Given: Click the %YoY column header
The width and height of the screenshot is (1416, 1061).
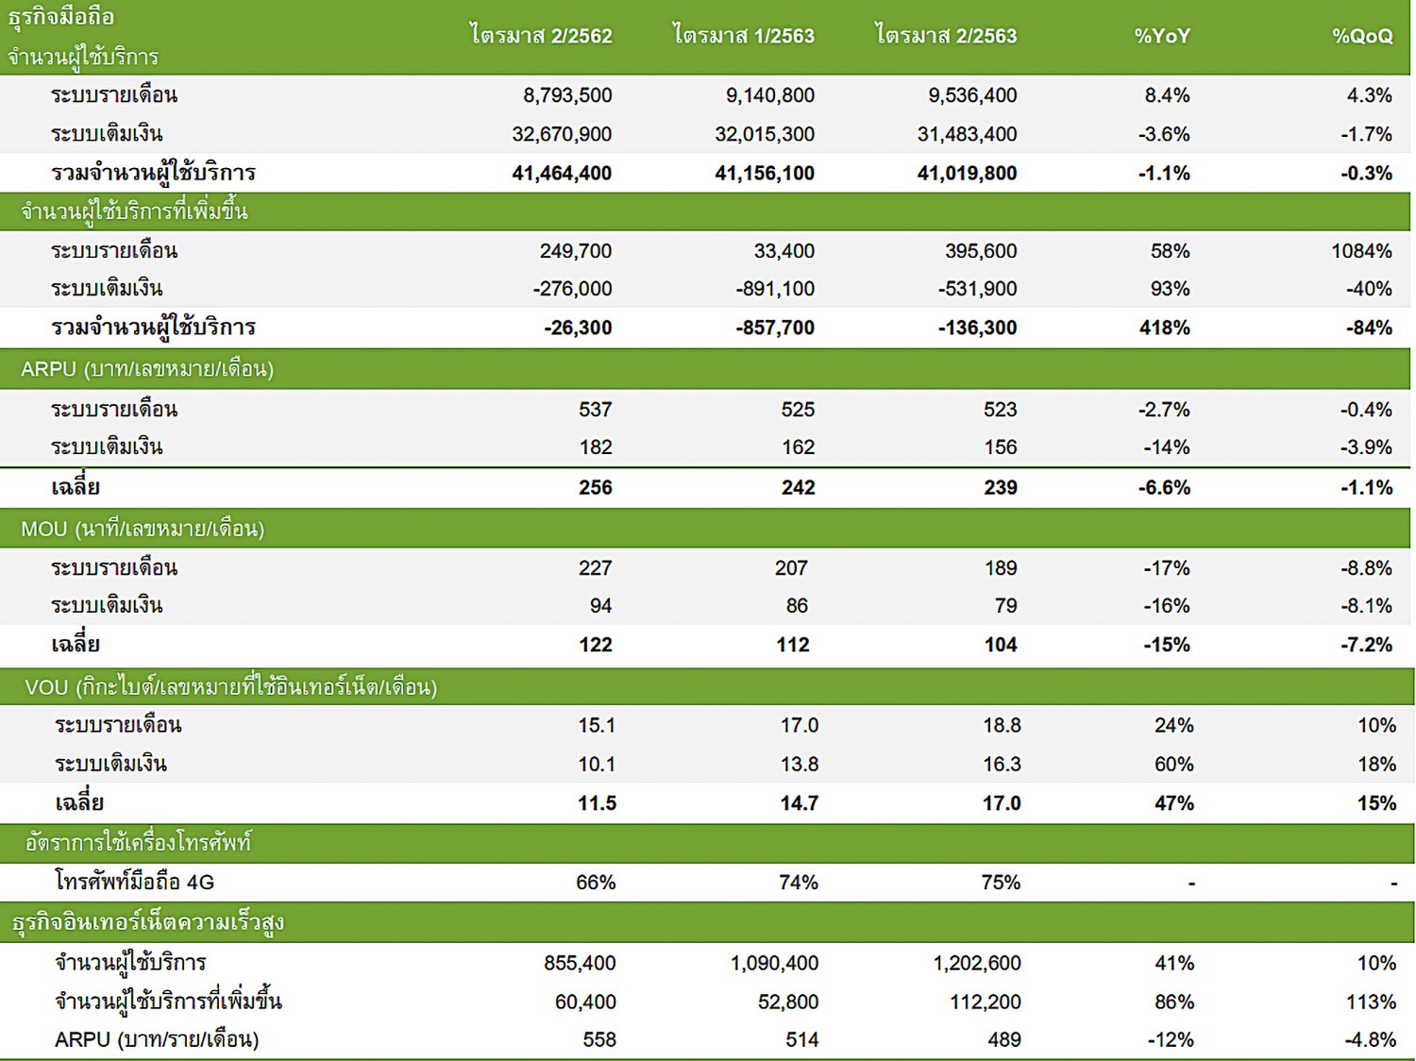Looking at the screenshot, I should [1162, 37].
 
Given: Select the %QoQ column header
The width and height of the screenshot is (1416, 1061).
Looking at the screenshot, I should [1362, 37].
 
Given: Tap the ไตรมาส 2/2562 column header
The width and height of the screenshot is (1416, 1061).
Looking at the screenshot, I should [542, 37].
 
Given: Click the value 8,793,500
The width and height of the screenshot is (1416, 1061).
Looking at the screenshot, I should [567, 95].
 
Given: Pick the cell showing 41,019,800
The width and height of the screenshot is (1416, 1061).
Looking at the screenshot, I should [967, 174].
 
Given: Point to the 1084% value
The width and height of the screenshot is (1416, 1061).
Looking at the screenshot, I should [1361, 251].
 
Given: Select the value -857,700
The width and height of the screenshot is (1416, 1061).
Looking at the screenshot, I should [775, 328].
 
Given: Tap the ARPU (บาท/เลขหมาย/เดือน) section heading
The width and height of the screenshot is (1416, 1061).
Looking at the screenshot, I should [147, 369].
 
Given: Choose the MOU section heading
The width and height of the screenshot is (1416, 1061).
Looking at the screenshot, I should [143, 529].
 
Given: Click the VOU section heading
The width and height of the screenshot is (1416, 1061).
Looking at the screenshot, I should [230, 687].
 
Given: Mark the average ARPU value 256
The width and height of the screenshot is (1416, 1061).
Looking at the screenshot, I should [595, 488].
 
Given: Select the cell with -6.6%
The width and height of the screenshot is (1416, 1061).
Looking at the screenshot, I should [1164, 488].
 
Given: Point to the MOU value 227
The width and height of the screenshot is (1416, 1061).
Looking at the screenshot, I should [595, 568].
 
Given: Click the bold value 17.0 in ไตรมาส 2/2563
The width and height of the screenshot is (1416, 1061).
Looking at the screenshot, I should [1002, 803].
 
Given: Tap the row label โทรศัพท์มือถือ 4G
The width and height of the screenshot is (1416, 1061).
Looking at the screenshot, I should [134, 883].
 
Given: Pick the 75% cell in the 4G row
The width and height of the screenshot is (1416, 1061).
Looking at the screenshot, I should [1001, 883].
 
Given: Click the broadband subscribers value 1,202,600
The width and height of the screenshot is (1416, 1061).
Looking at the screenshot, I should [977, 964].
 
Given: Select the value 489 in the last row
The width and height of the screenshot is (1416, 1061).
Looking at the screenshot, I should [1003, 1040].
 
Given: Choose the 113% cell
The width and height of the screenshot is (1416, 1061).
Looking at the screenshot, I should [1371, 1002].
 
